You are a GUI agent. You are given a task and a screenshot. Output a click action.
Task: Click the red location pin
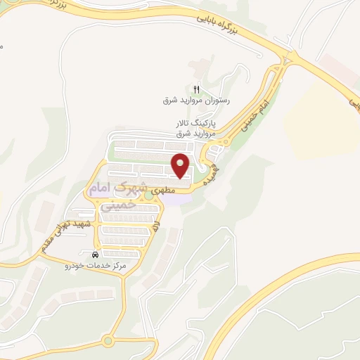[182, 165]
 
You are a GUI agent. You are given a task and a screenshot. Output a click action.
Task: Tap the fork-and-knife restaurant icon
[197, 89]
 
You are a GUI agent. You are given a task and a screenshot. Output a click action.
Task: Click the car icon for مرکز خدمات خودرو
[95, 255]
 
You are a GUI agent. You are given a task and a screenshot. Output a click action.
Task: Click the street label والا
[157, 226]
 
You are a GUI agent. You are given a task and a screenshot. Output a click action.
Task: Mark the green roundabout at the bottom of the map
[108, 342]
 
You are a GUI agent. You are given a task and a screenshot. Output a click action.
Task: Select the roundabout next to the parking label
[225, 141]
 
